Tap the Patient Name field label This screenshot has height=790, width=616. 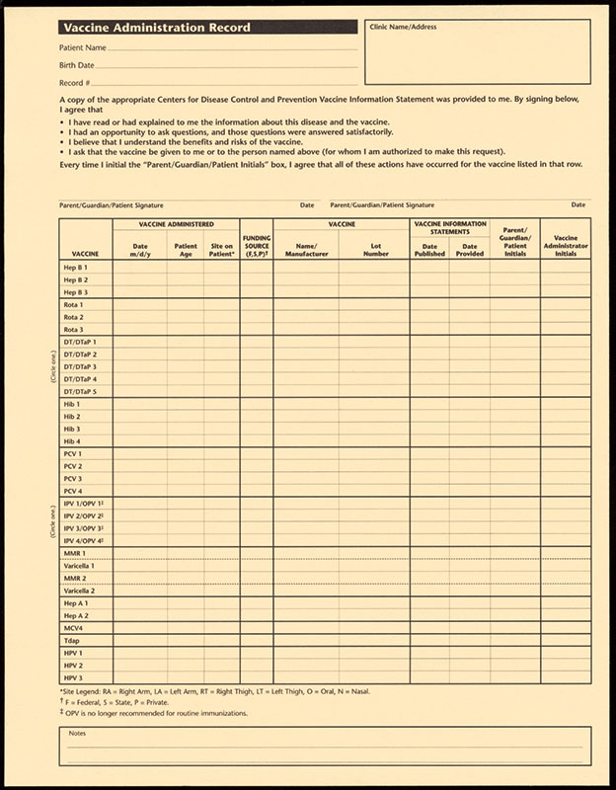83,47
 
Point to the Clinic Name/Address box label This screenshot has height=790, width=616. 403,27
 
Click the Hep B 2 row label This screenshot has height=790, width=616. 76,280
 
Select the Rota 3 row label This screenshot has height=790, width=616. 74,330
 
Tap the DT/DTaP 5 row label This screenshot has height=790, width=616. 80,392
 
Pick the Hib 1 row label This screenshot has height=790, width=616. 72,405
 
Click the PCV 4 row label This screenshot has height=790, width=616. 73,491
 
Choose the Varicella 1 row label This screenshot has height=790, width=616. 79,566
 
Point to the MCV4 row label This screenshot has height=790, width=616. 74,628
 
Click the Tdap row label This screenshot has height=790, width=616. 72,641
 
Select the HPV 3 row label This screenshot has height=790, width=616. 73,678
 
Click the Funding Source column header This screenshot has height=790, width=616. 257,245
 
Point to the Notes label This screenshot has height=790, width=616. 77,733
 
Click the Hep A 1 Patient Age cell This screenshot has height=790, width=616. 186,603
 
